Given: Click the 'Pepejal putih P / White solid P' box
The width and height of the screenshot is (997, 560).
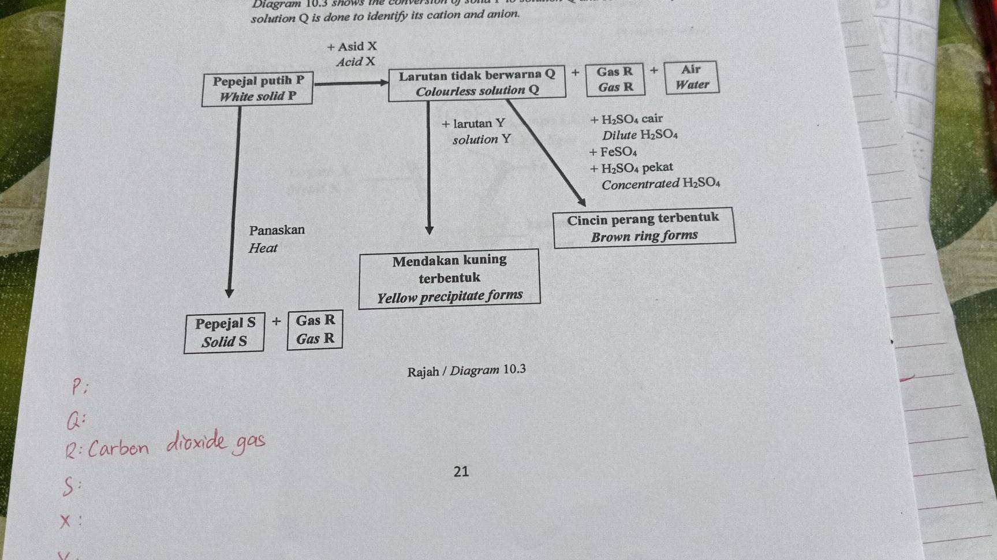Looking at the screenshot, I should point(257,88).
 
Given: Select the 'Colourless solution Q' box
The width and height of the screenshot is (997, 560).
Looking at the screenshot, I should point(477,83).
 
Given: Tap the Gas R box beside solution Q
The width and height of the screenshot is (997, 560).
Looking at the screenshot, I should point(615,79).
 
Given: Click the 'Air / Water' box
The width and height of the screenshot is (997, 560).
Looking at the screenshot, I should point(691,77).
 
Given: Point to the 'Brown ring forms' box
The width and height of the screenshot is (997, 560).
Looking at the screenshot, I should point(644,227).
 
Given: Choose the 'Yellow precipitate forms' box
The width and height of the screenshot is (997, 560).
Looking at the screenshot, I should point(449,278).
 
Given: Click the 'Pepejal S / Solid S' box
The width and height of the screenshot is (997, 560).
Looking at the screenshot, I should point(225,332).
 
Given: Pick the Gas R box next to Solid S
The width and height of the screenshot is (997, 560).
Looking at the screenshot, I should point(315,329).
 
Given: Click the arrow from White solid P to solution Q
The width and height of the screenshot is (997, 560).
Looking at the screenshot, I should point(350,83).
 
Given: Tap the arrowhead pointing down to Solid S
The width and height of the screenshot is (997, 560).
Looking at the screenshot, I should point(229,292).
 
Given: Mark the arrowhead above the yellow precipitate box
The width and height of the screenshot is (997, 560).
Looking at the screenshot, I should point(429,230).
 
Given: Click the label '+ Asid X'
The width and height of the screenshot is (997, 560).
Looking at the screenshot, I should point(352,47).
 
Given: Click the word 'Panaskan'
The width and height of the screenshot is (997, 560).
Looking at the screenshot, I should point(277,230).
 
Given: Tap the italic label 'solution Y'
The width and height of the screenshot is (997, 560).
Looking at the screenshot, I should point(481,140).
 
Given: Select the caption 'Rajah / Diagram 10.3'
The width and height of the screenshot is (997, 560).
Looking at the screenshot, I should point(466,371).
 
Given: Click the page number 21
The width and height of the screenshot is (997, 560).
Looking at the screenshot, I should point(461,472).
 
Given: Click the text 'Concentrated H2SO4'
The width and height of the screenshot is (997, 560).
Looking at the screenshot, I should point(660,184).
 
